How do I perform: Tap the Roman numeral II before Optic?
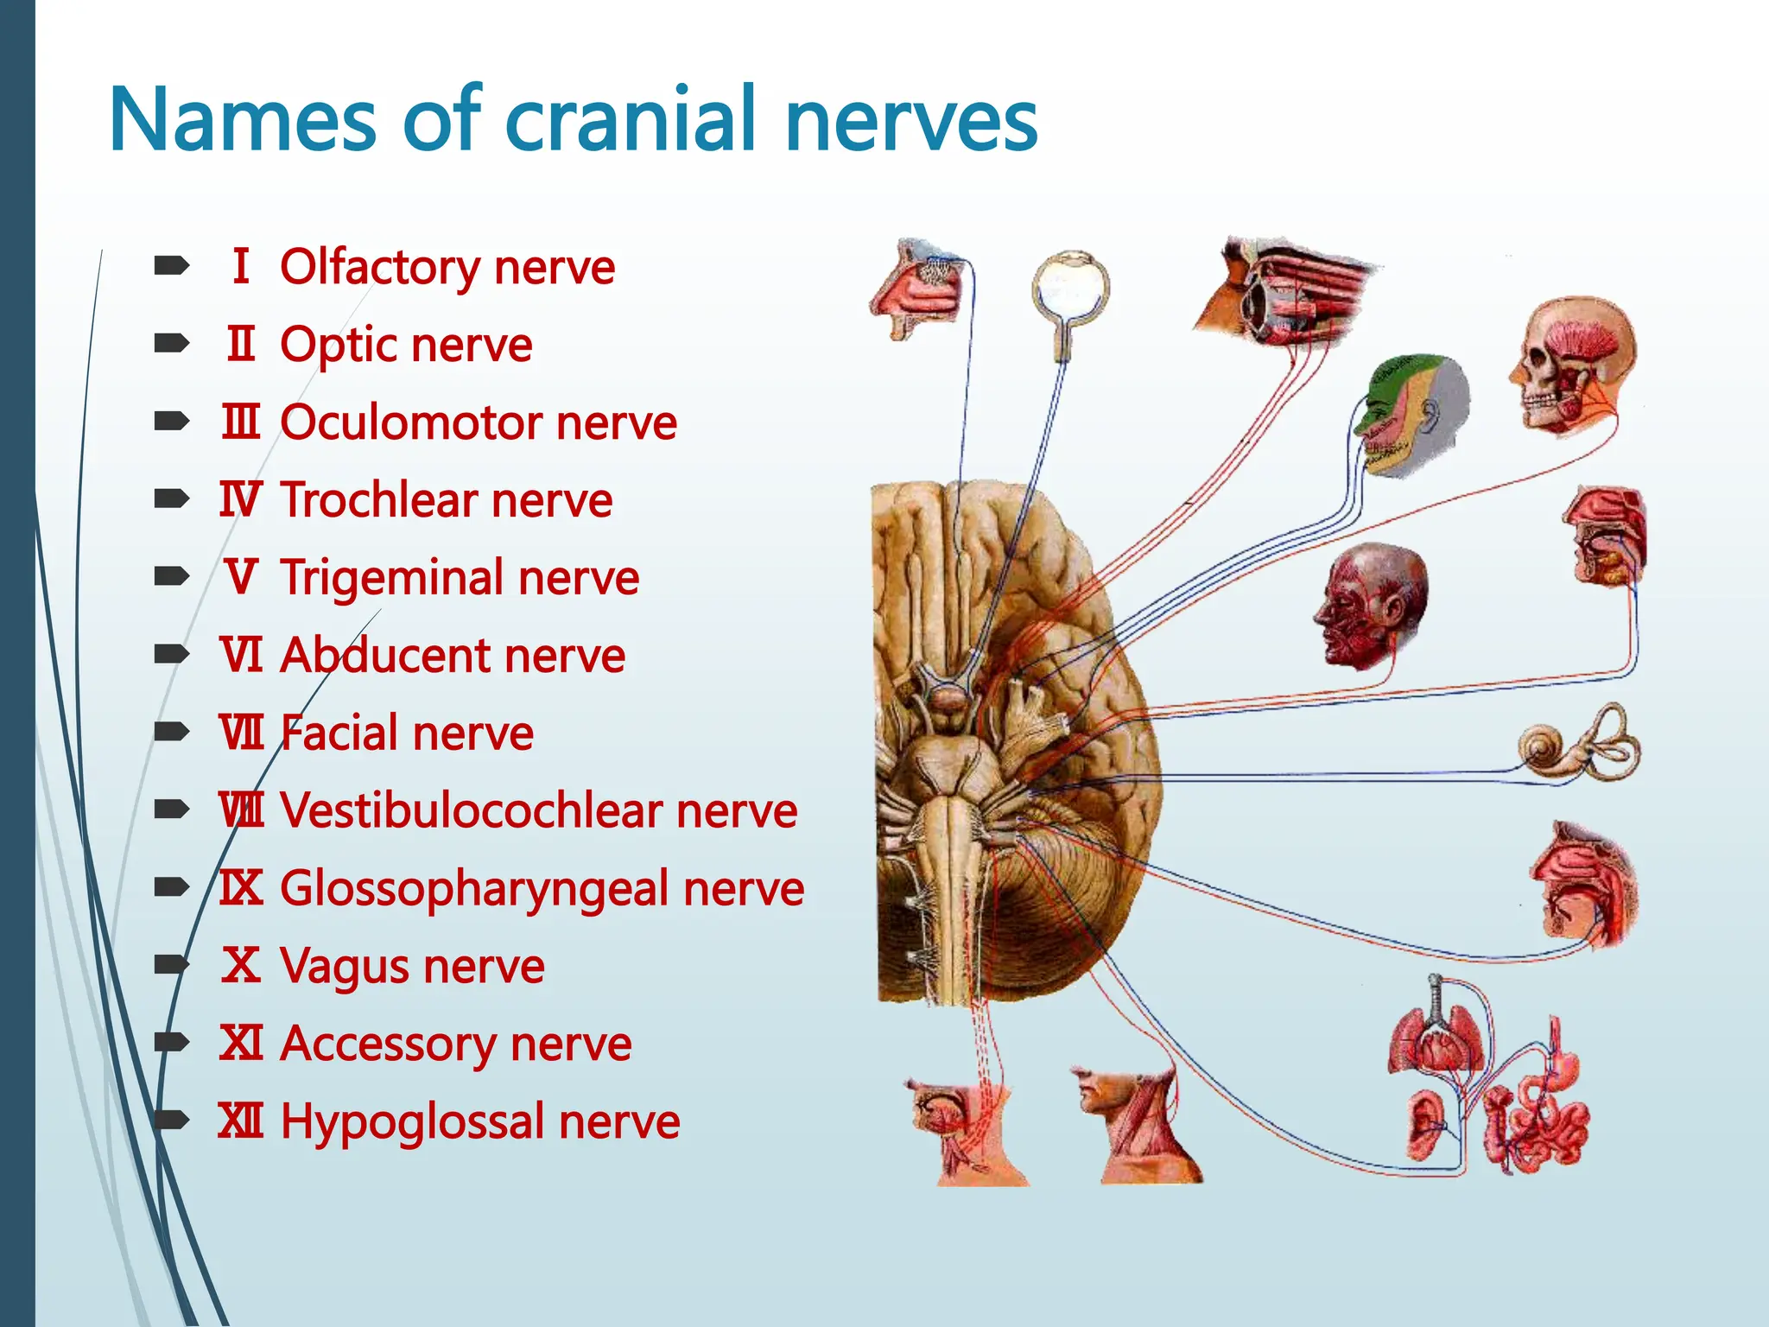[241, 344]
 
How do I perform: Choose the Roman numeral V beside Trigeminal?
[241, 577]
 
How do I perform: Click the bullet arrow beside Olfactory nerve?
[171, 266]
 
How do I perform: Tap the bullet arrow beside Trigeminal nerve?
[171, 576]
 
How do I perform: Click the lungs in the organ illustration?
[1434, 1037]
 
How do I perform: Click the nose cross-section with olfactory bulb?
[917, 289]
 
